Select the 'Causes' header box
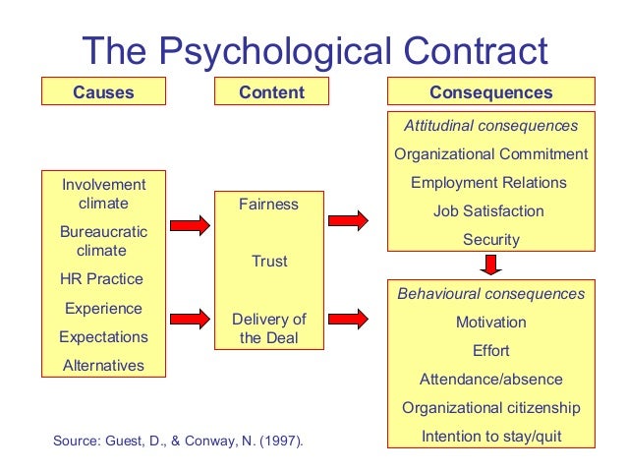click(103, 93)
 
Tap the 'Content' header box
click(272, 93)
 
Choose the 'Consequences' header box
click(490, 93)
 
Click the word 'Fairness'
click(268, 205)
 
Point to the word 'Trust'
click(268, 263)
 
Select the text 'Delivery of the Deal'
click(268, 328)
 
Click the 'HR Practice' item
click(102, 278)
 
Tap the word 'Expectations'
click(103, 336)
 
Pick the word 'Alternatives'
click(103, 365)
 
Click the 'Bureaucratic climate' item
click(103, 241)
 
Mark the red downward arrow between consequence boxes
click(490, 265)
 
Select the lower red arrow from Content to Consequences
click(348, 318)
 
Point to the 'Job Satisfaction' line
click(490, 210)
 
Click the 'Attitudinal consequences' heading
click(490, 126)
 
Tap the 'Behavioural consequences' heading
click(490, 293)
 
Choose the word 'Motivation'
click(490, 322)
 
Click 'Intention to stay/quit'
click(490, 436)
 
